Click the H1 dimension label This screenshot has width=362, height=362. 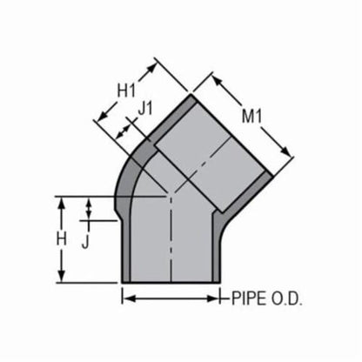[x=128, y=90]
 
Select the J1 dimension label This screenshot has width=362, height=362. [x=146, y=110]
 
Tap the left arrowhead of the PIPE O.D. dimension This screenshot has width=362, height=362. [x=124, y=298]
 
